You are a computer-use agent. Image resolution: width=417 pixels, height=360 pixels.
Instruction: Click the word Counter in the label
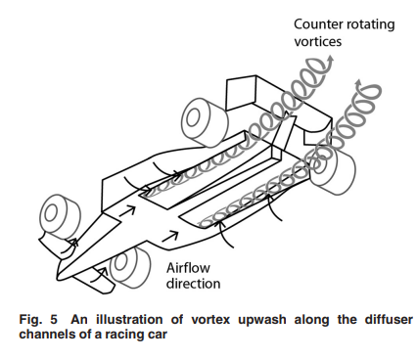coord(318,24)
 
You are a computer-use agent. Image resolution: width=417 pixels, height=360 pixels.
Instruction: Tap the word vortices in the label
coord(317,41)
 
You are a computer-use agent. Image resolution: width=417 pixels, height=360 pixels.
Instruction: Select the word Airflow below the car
coord(188,268)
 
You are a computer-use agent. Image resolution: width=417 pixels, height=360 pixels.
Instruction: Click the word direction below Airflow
coord(193,283)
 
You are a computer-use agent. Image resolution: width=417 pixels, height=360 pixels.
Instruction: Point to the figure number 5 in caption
coord(54,319)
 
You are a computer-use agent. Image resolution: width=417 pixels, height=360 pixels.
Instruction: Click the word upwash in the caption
coord(261,320)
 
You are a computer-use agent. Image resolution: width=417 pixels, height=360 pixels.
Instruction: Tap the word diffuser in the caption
coord(389,319)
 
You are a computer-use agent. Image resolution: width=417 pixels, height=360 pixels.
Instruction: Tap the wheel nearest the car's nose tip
coord(60,216)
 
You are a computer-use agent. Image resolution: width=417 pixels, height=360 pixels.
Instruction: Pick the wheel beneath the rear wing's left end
coord(204,122)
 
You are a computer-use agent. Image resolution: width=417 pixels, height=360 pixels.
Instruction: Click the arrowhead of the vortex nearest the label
coord(331,60)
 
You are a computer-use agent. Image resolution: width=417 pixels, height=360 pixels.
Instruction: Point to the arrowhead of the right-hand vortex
coord(358,82)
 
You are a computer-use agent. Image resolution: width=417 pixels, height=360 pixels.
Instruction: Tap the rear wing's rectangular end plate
coord(242,93)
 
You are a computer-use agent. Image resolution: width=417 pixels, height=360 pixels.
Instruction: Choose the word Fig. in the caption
coord(30,320)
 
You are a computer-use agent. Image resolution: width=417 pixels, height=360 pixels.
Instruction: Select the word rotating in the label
coord(370,24)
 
